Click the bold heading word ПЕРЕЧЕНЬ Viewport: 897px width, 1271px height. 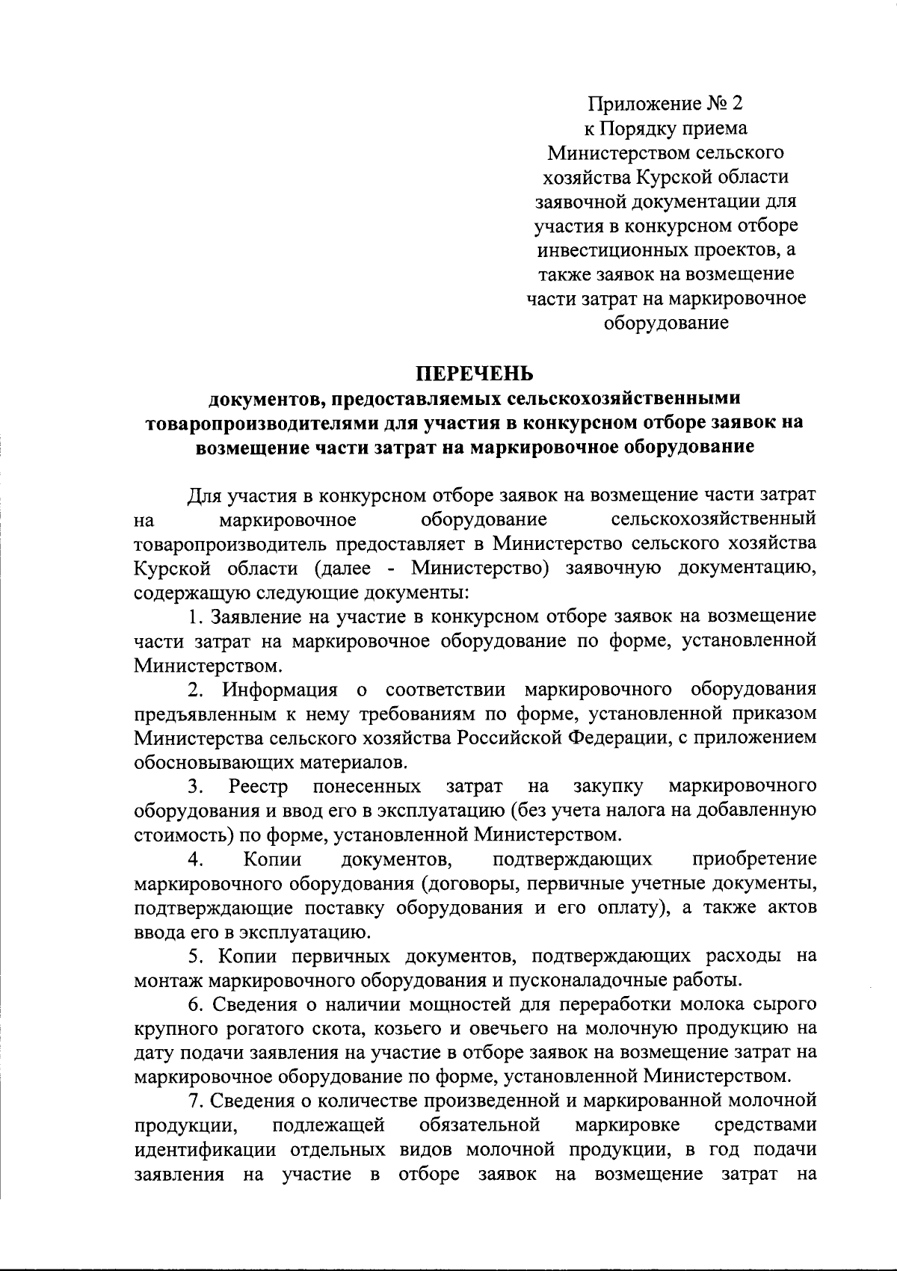(475, 372)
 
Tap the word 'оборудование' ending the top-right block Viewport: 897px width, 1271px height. (666, 323)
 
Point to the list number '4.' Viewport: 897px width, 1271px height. (196, 859)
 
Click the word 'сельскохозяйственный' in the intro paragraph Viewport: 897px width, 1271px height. (713, 519)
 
